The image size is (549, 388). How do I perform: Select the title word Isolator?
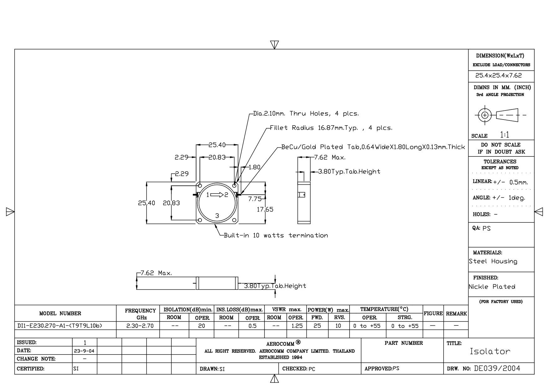coord(490,351)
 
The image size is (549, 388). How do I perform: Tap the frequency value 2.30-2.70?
coord(140,326)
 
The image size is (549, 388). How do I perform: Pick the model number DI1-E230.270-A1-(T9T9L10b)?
coord(60,326)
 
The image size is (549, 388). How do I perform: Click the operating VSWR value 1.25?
coord(297,326)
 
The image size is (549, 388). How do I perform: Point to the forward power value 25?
coord(317,326)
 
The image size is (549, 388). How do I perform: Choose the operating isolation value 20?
coord(202,326)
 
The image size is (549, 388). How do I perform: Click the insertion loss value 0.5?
coord(252,326)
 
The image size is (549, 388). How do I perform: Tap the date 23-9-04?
coord(85,351)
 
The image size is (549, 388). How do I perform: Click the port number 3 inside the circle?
coord(217,216)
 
